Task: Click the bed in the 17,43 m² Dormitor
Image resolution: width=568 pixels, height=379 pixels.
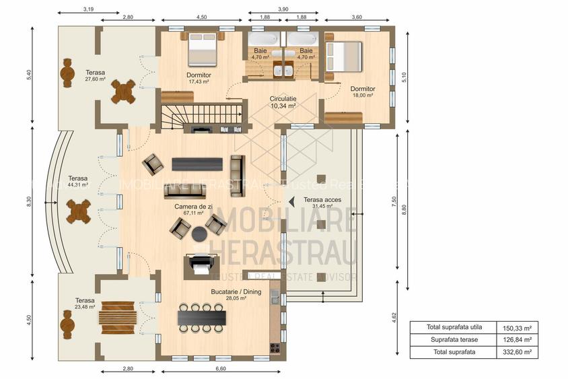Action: coord(202,46)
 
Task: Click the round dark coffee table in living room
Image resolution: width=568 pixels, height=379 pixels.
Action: coord(200,234)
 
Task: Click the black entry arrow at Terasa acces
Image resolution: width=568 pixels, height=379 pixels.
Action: coord(291,201)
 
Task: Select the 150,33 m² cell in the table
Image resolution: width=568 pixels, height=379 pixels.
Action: coord(518,328)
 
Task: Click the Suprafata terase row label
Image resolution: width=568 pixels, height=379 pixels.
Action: coord(454,340)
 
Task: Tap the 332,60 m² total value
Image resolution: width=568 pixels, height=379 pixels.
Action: coord(518,352)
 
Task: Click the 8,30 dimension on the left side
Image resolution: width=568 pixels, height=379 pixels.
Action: coord(29,201)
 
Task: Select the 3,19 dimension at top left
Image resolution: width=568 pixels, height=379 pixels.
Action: coord(87,9)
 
